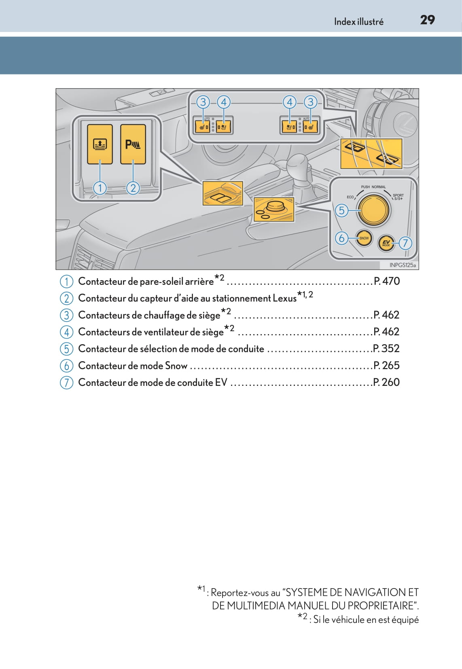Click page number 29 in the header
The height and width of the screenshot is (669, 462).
point(427,20)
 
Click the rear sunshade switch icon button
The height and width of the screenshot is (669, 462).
point(100,144)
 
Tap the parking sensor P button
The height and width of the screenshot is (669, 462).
point(133,144)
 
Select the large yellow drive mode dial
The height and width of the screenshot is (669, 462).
point(375,210)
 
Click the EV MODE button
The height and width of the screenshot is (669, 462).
point(386,243)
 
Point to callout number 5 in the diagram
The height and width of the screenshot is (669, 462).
point(342,210)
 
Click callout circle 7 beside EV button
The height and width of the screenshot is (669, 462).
point(405,243)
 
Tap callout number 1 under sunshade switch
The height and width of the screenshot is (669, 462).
point(100,188)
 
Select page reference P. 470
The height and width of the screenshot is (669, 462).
point(386,281)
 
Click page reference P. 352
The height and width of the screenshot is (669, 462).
point(386,348)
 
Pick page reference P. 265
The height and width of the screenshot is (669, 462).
point(386,365)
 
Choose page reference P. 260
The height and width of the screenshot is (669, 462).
point(386,382)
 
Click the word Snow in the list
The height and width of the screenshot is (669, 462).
point(176,366)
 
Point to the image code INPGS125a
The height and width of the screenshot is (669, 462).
point(402,265)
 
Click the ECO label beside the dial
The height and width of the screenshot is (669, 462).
point(350,197)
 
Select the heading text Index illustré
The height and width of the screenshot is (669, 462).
point(358,22)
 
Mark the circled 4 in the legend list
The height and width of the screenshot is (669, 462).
point(66,332)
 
